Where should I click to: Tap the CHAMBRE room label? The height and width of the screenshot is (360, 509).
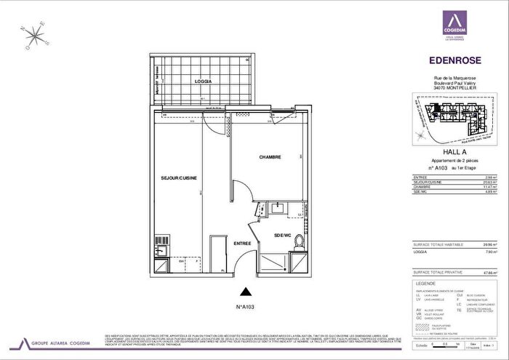(270, 157)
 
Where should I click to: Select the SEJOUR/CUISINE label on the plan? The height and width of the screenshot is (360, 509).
(179, 178)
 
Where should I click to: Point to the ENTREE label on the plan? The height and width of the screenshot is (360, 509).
(242, 244)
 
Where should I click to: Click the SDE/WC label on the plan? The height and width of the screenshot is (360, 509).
(282, 235)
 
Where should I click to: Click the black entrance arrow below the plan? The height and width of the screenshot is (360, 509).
(248, 292)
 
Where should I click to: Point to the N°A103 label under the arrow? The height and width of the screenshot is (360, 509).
(248, 307)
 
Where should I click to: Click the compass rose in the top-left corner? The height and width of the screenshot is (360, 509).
(33, 36)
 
